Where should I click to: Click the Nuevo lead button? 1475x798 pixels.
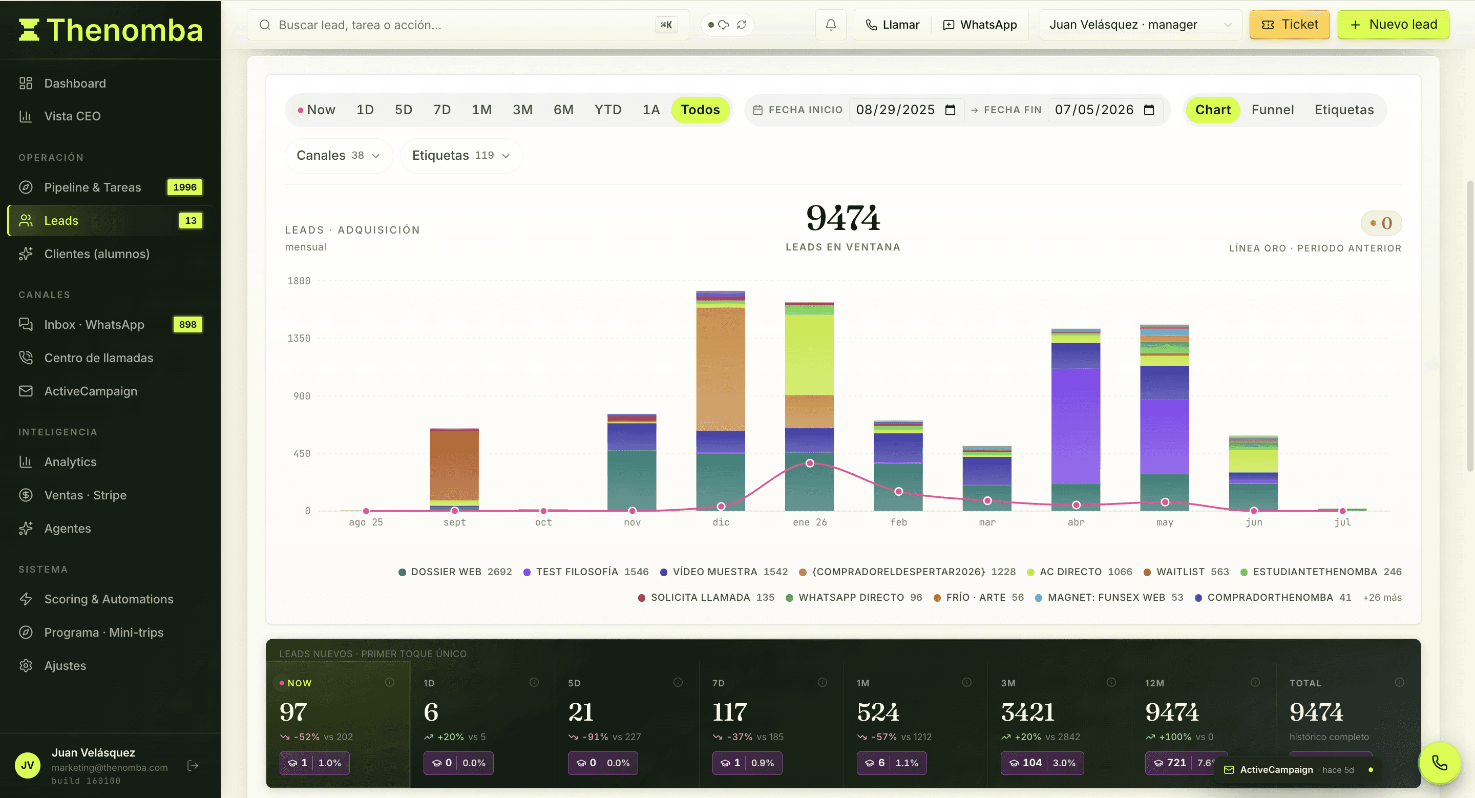tap(1393, 25)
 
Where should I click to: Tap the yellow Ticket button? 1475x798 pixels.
tap(1290, 25)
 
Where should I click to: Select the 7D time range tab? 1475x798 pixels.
tap(441, 110)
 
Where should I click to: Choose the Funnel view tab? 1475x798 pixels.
tap(1272, 110)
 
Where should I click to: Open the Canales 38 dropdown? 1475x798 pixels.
tap(339, 156)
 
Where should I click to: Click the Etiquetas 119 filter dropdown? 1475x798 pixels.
tap(461, 156)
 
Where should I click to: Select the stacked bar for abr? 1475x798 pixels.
tap(1076, 419)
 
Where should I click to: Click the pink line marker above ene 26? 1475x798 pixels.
tap(810, 463)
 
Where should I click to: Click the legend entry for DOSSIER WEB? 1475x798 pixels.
tap(455, 572)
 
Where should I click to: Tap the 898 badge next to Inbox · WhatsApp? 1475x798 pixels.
tap(188, 325)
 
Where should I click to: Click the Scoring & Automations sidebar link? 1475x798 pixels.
tap(109, 599)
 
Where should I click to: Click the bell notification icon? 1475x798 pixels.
tap(831, 25)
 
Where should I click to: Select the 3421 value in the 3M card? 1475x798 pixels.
tap(1028, 712)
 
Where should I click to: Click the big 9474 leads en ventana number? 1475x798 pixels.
tap(843, 218)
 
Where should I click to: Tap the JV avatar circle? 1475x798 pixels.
tap(28, 765)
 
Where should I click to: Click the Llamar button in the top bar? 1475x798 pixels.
tap(893, 25)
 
